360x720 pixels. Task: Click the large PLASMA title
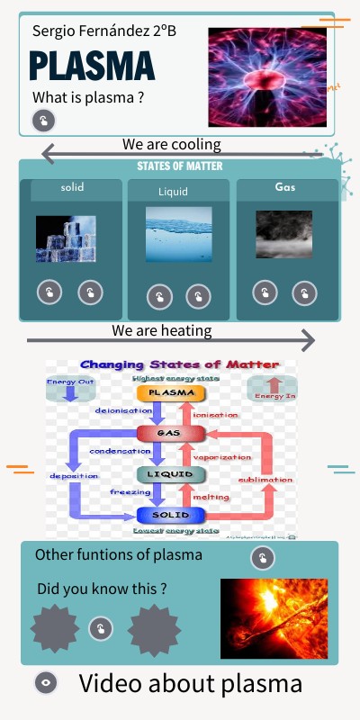92,67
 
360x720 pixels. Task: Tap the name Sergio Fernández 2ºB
104,31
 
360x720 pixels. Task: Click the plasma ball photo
267,76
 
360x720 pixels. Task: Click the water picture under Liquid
179,234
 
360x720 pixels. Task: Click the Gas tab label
284,187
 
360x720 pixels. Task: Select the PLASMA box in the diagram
171,392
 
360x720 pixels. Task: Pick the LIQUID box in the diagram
165,473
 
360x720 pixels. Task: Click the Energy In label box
271,389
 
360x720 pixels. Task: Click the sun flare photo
273,617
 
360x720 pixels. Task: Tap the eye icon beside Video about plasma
46,683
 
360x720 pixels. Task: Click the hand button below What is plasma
43,121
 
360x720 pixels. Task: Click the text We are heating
162,330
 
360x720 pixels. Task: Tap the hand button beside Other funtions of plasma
262,559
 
